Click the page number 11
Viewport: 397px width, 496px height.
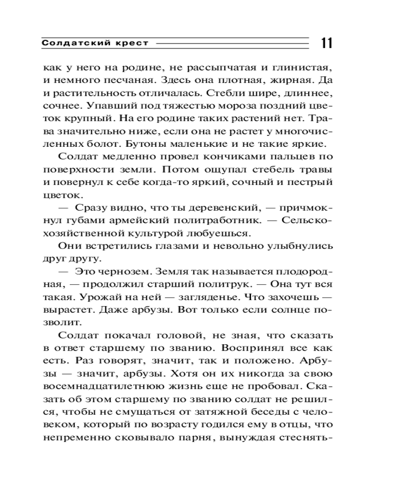click(327, 43)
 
